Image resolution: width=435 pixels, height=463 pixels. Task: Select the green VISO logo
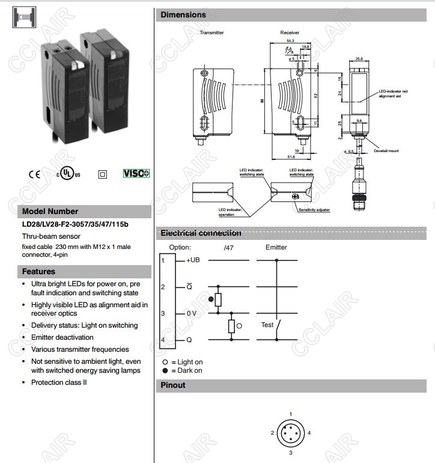136,173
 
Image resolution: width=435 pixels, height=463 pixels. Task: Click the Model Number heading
50,212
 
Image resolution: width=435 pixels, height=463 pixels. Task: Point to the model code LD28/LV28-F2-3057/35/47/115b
75,224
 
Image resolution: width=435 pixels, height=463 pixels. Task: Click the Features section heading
39,272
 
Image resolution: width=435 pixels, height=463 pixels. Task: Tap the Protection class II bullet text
59,382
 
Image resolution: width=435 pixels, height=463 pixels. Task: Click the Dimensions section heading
183,15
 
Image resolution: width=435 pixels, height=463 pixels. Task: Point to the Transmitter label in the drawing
211,32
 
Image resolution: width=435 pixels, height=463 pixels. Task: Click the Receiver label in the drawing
290,32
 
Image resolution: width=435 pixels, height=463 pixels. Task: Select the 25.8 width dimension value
359,58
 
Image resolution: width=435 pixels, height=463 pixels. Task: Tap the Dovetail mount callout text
386,151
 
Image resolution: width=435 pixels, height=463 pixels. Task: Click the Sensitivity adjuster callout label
314,210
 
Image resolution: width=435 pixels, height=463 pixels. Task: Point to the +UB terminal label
193,260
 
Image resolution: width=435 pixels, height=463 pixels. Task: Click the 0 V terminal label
192,313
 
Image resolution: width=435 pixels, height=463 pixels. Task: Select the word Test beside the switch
267,325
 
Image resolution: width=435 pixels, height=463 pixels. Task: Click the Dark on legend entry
186,370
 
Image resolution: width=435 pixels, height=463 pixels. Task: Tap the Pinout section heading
173,385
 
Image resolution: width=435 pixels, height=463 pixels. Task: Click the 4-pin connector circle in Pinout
290,433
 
